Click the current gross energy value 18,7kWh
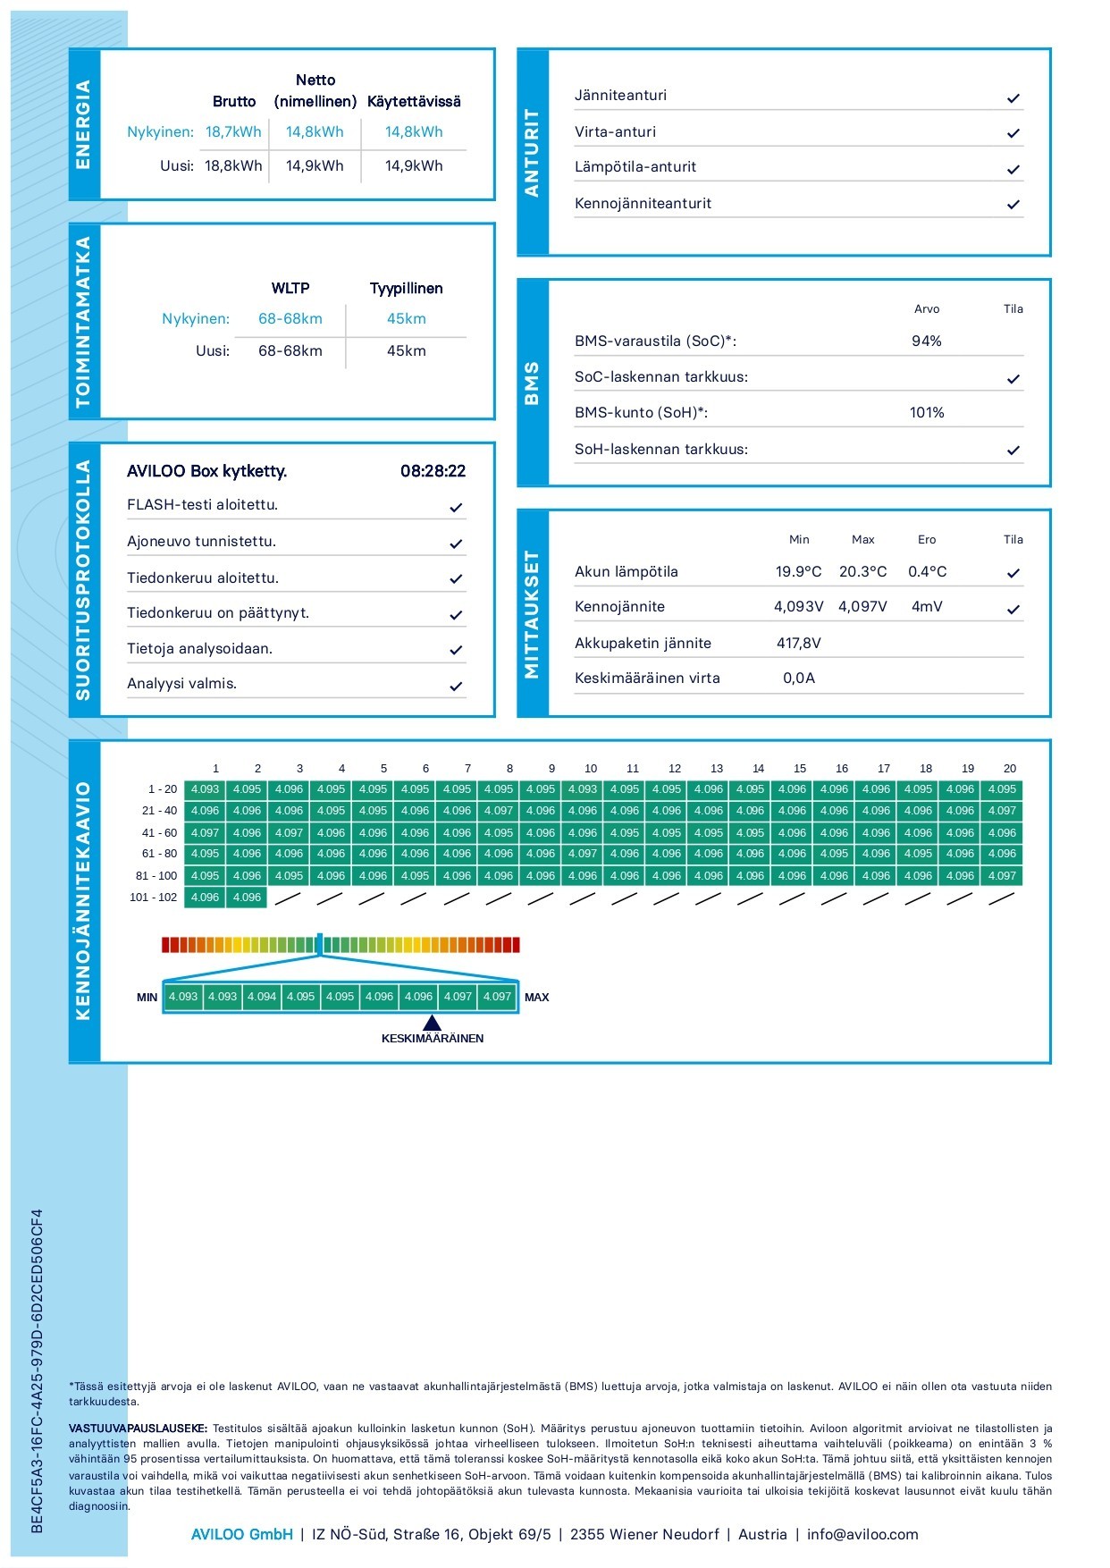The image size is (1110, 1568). point(233,132)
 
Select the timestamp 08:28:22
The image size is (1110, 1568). point(433,471)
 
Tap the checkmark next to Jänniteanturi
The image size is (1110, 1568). point(1013,98)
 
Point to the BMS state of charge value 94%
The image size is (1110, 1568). point(926,341)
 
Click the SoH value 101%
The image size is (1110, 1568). point(926,413)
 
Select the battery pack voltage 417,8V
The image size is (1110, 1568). point(798,644)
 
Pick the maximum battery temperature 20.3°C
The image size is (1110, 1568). point(862,572)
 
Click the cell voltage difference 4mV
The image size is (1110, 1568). point(927,607)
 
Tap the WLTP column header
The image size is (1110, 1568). point(290,289)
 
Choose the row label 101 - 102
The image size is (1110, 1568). point(154,898)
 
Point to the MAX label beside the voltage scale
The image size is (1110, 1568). point(536,998)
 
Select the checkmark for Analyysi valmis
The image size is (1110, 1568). point(456,687)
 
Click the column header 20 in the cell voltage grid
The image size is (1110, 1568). point(1009,769)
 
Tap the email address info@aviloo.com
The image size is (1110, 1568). point(862,1534)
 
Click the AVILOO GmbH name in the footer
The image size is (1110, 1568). point(242,1534)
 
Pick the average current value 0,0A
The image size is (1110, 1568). point(798,679)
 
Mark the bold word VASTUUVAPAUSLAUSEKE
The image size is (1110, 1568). point(138,1429)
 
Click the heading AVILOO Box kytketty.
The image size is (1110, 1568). point(206,471)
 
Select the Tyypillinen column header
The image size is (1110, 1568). point(406,289)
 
